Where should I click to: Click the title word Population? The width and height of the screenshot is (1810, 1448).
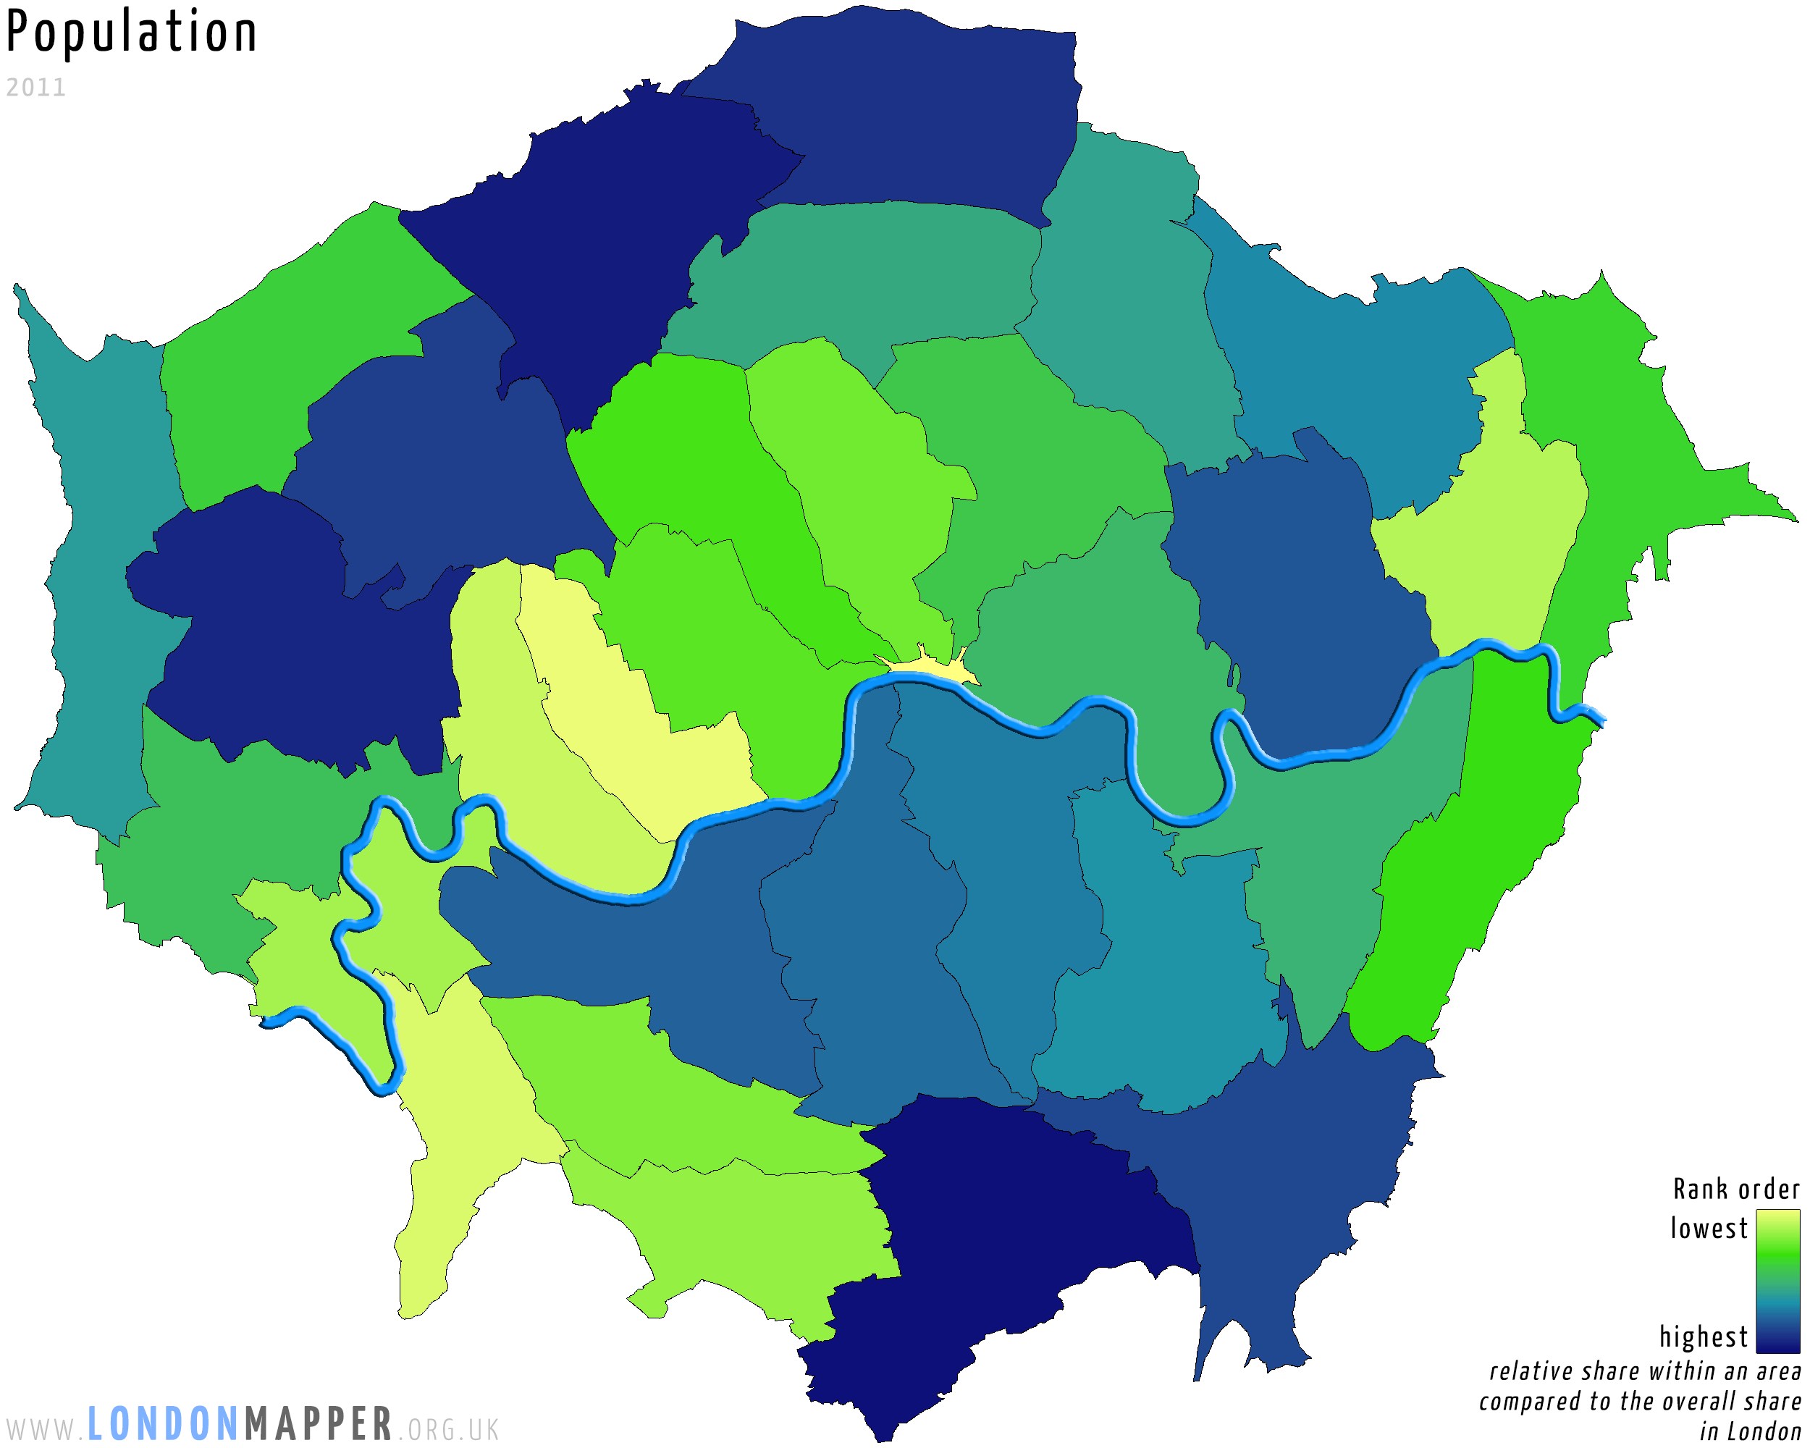pyautogui.click(x=132, y=33)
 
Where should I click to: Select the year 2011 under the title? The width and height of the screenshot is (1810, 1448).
pyautogui.click(x=35, y=88)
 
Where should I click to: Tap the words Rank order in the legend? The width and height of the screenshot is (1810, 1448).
pyautogui.click(x=1735, y=1190)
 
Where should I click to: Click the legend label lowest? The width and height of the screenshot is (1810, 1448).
pyautogui.click(x=1708, y=1229)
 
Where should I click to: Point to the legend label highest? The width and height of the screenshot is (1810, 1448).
pyautogui.click(x=1703, y=1337)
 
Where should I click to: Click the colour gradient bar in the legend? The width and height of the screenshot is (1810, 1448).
pyautogui.click(x=1777, y=1281)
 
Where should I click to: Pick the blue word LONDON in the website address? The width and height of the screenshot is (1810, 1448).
pyautogui.click(x=164, y=1425)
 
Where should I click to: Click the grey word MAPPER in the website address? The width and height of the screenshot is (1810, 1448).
pyautogui.click(x=319, y=1425)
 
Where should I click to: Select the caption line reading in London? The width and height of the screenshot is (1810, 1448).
pyautogui.click(x=1750, y=1431)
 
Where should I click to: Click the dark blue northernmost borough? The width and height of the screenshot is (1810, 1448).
pyautogui.click(x=906, y=109)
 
